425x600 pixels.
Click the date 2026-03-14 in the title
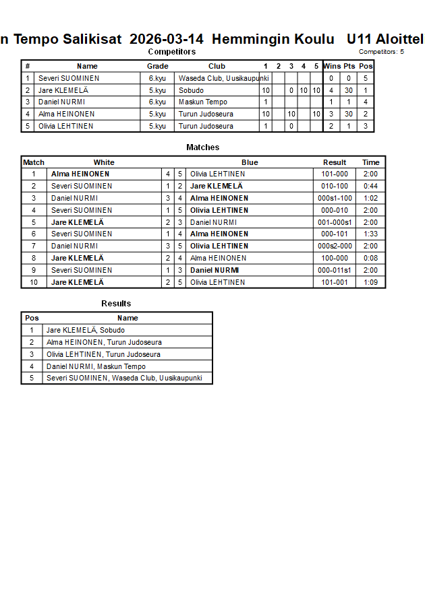click(166, 39)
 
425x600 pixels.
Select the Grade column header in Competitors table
click(157, 66)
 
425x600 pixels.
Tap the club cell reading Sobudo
click(191, 90)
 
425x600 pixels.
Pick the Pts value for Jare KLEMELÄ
click(349, 90)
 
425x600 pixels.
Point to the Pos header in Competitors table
click(366, 66)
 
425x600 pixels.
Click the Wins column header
click(332, 66)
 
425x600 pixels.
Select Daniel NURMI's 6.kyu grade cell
click(157, 102)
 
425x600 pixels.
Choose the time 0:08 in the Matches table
click(370, 258)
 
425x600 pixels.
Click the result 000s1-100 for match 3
click(335, 199)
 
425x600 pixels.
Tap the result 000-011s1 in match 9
click(335, 270)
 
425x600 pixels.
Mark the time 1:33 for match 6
click(370, 234)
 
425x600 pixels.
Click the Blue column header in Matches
click(250, 162)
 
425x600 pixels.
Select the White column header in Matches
click(104, 162)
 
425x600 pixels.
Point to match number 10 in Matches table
click(34, 282)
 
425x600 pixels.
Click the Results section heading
click(116, 304)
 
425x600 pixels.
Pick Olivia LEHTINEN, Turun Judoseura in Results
click(103, 355)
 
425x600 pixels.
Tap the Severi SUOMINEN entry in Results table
click(124, 378)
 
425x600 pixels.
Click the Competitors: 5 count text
click(381, 52)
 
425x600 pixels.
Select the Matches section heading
click(202, 147)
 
